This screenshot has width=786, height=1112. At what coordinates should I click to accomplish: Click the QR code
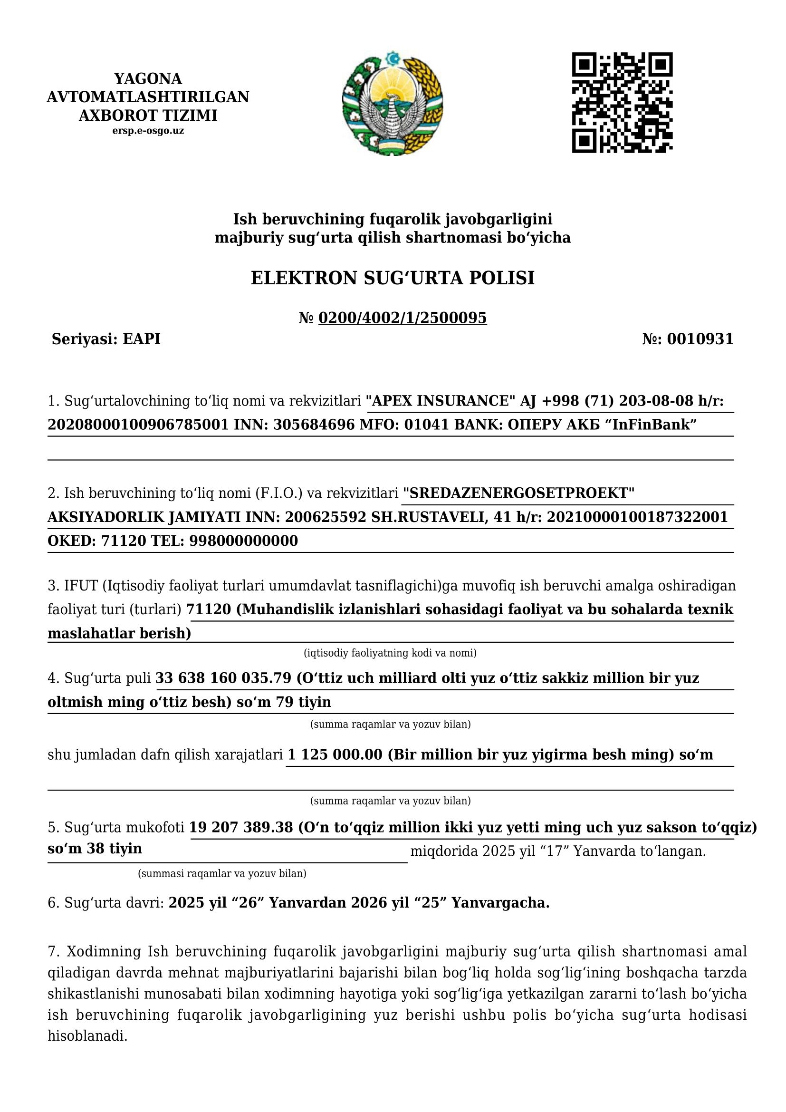coord(622,103)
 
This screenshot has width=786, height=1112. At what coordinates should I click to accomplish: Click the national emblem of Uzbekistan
coord(393,103)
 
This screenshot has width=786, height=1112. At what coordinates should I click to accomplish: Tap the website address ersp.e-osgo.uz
coord(148,131)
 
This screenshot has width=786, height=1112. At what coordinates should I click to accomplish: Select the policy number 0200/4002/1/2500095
coord(402,318)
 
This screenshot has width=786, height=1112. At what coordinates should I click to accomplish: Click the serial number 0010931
coord(700,339)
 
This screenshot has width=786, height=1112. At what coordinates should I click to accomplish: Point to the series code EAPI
coord(141,339)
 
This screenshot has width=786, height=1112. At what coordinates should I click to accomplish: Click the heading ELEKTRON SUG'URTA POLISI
coord(393,278)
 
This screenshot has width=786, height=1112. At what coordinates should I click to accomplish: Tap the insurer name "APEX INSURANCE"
coord(441,401)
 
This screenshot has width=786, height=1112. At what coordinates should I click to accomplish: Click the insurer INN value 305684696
coord(314,425)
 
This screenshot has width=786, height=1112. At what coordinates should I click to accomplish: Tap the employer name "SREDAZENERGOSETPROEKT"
coord(518,493)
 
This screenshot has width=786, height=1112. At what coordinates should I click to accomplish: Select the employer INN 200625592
coord(325,517)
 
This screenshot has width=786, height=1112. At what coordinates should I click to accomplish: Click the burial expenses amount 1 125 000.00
coord(335,755)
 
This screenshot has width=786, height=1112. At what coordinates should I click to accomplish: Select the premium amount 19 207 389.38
coord(241,827)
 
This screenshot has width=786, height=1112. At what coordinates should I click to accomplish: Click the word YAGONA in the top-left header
coord(148,78)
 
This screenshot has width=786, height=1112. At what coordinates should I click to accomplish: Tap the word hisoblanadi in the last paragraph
coord(87,1036)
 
